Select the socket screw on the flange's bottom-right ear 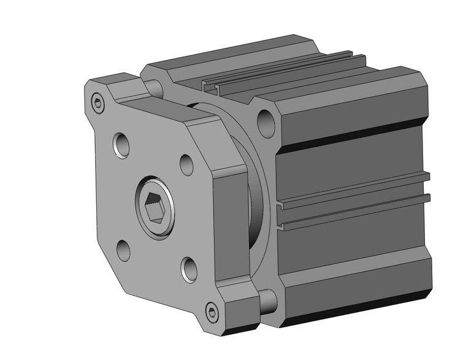[212, 313]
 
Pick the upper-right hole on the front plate [187, 163]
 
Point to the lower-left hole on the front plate [123, 248]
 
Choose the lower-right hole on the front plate [189, 267]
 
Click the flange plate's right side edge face [232, 227]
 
